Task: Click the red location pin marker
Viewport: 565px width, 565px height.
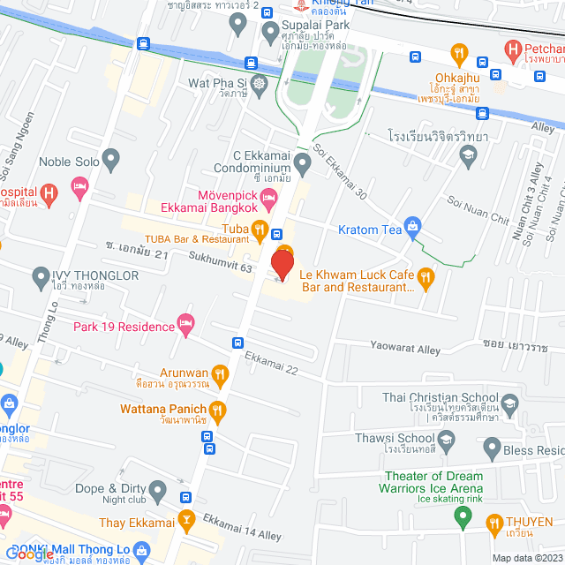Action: [282, 265]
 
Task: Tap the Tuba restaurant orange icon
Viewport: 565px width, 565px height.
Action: [260, 231]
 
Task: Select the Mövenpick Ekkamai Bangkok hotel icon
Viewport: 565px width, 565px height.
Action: [269, 195]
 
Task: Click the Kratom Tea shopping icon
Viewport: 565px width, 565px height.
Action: [411, 230]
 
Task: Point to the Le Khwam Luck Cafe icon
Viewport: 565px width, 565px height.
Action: [426, 280]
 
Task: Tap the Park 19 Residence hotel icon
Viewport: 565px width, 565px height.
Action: [185, 327]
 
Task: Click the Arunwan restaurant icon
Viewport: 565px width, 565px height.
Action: [220, 373]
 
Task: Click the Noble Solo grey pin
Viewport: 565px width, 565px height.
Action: [110, 161]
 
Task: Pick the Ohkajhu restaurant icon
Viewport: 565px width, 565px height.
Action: [459, 55]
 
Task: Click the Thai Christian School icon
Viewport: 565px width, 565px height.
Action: [509, 405]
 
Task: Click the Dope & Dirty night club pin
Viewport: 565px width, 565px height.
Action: [158, 488]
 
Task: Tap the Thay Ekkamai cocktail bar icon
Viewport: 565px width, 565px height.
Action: [186, 521]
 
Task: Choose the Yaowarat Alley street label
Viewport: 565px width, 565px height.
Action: [405, 350]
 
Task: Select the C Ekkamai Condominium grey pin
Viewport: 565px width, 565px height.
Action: [302, 162]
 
